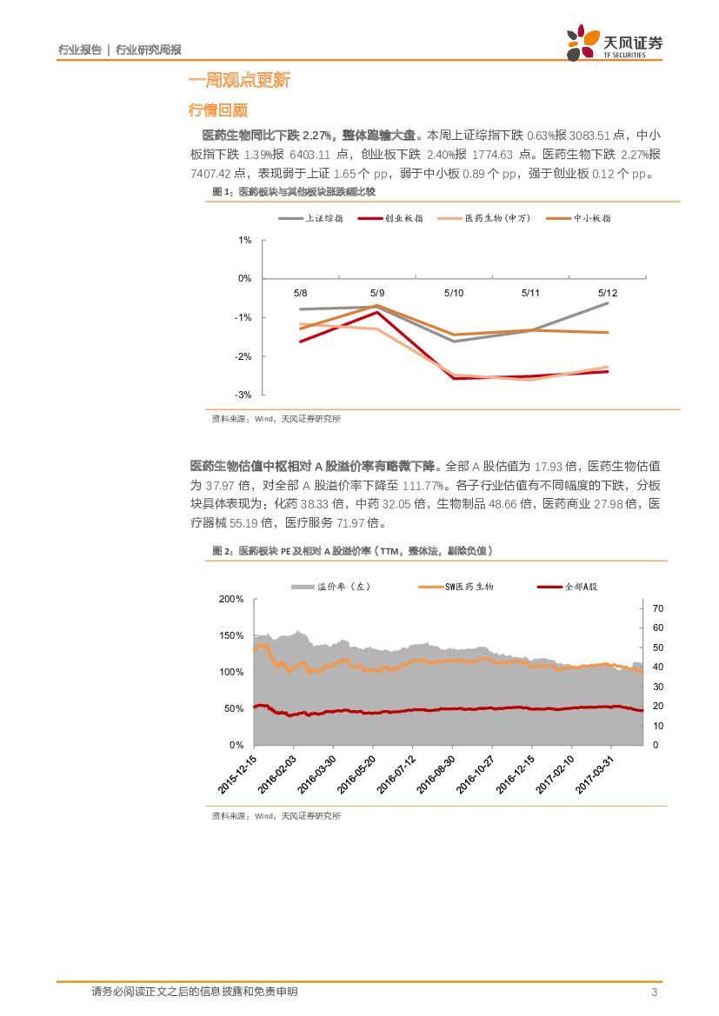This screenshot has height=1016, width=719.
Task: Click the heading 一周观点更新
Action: tap(239, 81)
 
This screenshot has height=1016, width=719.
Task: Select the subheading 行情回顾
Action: tap(218, 110)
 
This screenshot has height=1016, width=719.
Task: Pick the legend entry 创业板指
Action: tap(403, 218)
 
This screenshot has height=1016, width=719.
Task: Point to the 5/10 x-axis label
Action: tap(453, 294)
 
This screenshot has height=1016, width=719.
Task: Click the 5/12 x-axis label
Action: tap(607, 294)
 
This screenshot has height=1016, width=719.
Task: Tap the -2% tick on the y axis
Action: tap(243, 356)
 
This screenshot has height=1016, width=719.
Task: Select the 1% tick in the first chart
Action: tap(245, 240)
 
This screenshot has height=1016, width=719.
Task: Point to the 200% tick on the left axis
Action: tap(231, 600)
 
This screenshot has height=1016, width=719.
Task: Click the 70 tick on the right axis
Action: tap(657, 608)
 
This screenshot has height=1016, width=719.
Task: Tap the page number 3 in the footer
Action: tap(653, 993)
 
